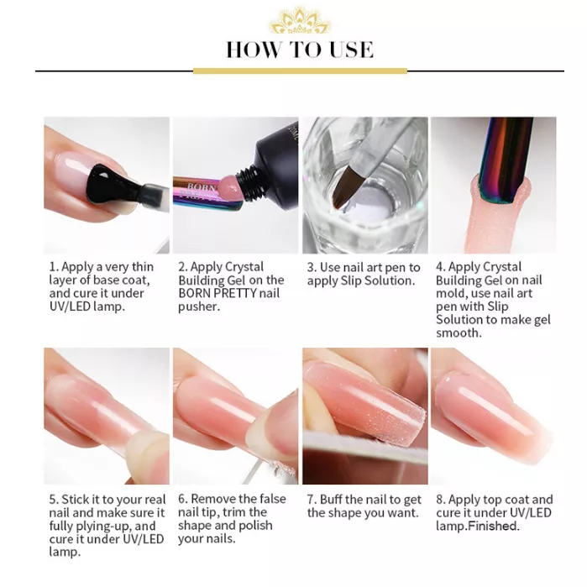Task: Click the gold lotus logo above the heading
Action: pyautogui.click(x=299, y=21)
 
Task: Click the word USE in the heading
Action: pyautogui.click(x=352, y=50)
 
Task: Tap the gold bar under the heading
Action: pyautogui.click(x=300, y=71)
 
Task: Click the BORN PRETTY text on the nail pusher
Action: pyautogui.click(x=200, y=191)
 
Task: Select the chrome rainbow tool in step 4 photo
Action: pyautogui.click(x=505, y=160)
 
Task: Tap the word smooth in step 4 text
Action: pyautogui.click(x=459, y=333)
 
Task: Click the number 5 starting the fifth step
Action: pyautogui.click(x=54, y=500)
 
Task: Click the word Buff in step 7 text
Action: pyautogui.click(x=331, y=500)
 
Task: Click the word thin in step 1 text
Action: pyautogui.click(x=143, y=267)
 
